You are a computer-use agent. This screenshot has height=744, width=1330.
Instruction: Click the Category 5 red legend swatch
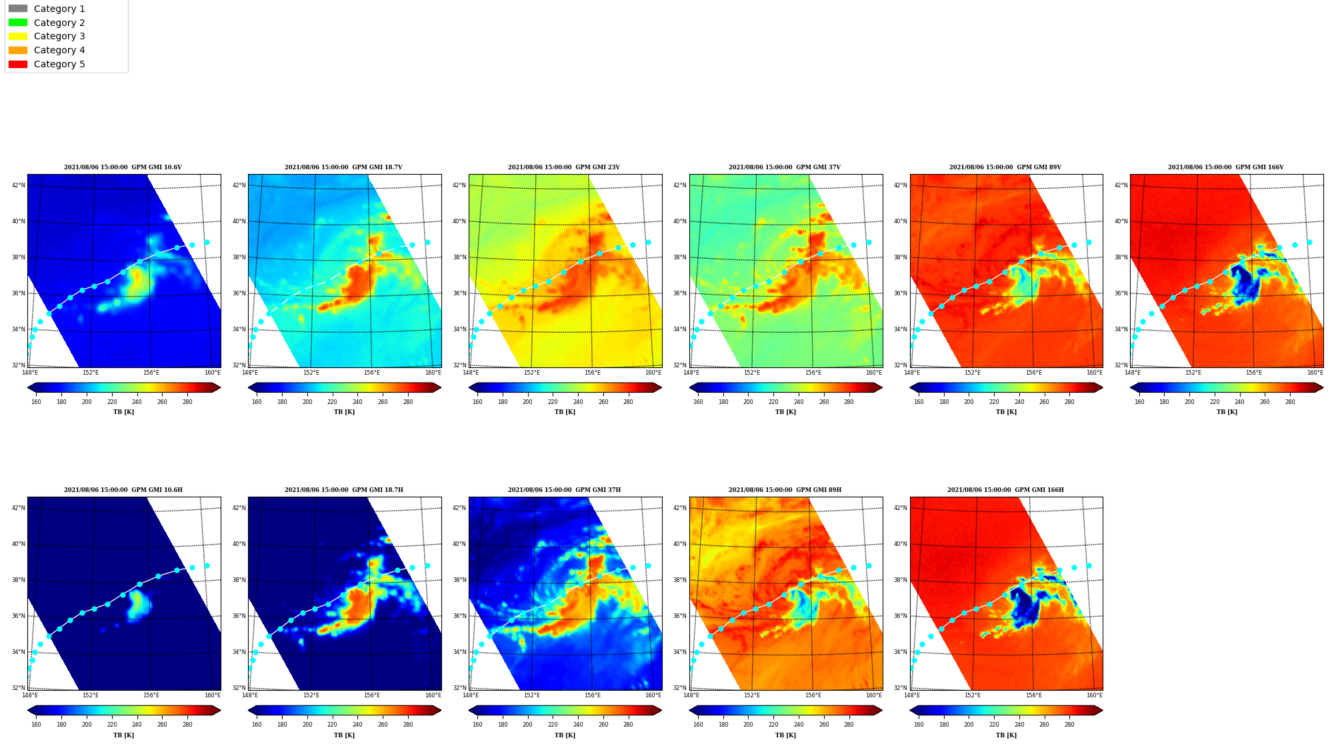pos(18,64)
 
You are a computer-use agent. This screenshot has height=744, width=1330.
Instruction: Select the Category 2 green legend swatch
pos(18,23)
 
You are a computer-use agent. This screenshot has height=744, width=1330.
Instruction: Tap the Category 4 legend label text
pos(59,50)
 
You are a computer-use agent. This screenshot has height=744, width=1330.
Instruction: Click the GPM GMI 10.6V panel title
pos(123,167)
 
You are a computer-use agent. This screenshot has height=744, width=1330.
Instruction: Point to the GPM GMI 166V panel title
pos(1225,167)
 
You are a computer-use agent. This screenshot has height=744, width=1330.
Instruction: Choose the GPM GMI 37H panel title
pos(564,490)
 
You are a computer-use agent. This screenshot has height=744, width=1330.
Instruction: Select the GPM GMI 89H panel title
pos(785,490)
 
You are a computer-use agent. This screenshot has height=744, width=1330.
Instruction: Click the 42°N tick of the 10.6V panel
pos(19,185)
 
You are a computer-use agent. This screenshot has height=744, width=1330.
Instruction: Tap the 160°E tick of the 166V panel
pos(1315,373)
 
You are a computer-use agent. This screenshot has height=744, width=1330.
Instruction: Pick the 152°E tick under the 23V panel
pos(532,373)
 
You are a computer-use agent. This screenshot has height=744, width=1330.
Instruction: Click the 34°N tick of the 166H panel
pos(901,652)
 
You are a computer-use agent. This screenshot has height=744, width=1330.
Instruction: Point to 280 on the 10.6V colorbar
pos(187,402)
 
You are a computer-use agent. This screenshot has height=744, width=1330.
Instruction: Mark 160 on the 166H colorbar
pos(919,725)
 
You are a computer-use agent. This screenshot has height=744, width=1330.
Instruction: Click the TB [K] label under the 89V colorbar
pos(1006,412)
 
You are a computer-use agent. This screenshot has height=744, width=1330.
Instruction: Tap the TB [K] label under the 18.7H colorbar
pos(344,735)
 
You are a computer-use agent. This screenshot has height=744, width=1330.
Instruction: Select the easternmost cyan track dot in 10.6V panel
pos(207,243)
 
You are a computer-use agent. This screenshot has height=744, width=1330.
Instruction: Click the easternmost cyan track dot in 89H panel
pos(869,565)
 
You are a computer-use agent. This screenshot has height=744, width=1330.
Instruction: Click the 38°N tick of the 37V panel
pos(680,257)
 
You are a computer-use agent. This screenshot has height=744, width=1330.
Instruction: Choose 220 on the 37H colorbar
pos(553,725)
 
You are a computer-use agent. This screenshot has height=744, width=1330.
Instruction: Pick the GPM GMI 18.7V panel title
pos(343,167)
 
